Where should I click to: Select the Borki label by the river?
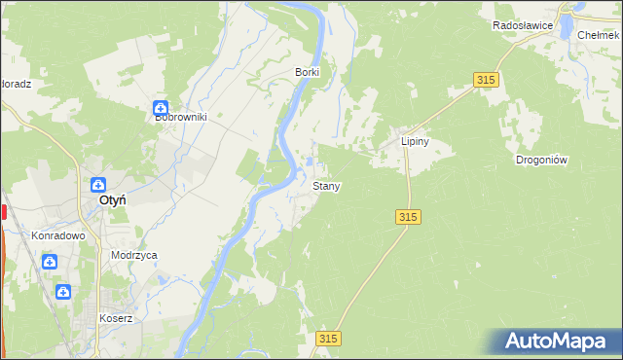coord(308,72)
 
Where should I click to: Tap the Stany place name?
coord(326,185)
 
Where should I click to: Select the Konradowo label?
coord(58,235)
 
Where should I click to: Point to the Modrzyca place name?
coord(134,255)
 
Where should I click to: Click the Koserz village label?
coord(116,318)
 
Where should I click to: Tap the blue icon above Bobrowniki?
coord(163,109)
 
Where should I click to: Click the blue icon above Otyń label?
coord(99,184)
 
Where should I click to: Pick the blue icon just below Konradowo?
coord(50,261)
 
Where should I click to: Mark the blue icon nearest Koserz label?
coord(63,291)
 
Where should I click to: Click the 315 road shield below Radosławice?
coord(488,80)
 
